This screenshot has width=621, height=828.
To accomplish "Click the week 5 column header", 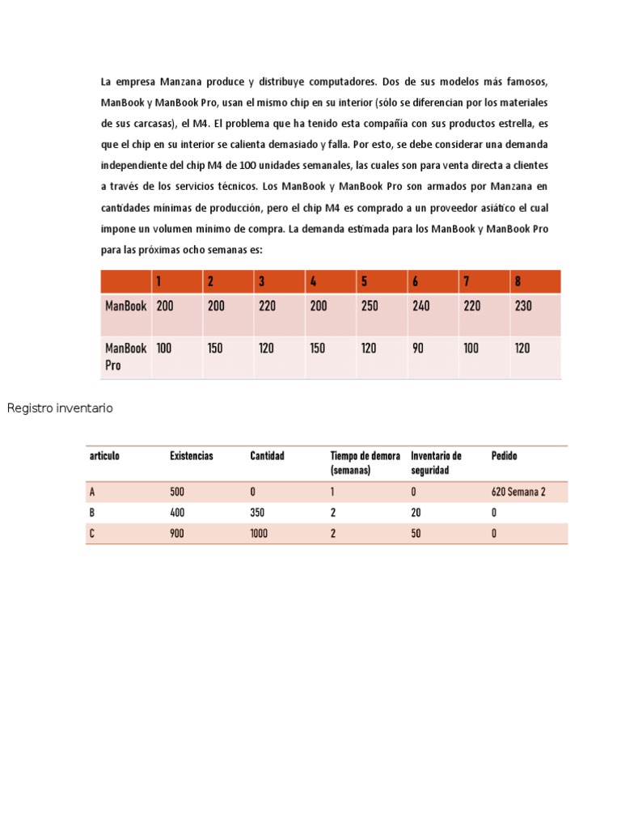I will tap(365, 281).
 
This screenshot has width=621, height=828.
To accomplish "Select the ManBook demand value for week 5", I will tap(370, 306).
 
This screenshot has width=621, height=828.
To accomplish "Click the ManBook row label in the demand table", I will tap(125, 306).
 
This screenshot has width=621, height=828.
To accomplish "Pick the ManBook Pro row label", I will tap(125, 357).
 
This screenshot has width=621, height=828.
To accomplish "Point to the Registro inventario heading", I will tap(60, 408).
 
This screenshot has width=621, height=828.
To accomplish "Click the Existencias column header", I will tap(192, 456).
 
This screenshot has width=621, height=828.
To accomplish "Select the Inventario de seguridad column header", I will tap(436, 463).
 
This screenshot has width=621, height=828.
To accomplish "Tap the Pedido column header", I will tap(504, 456).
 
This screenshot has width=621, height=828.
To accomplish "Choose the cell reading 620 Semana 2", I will tap(518, 492).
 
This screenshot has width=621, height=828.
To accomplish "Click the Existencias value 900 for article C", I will tap(177, 534).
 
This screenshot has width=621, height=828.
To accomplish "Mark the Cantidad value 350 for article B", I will tap(258, 513).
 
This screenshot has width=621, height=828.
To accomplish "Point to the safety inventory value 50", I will tap(416, 534).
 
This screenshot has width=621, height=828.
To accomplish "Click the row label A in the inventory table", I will tap(92, 492).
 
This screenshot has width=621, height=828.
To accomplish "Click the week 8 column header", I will tap(517, 281).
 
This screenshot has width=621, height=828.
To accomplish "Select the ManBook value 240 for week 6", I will tap(421, 306).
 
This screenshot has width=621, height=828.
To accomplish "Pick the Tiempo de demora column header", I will tap(365, 463).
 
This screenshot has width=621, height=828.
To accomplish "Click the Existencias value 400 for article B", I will tap(177, 513).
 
